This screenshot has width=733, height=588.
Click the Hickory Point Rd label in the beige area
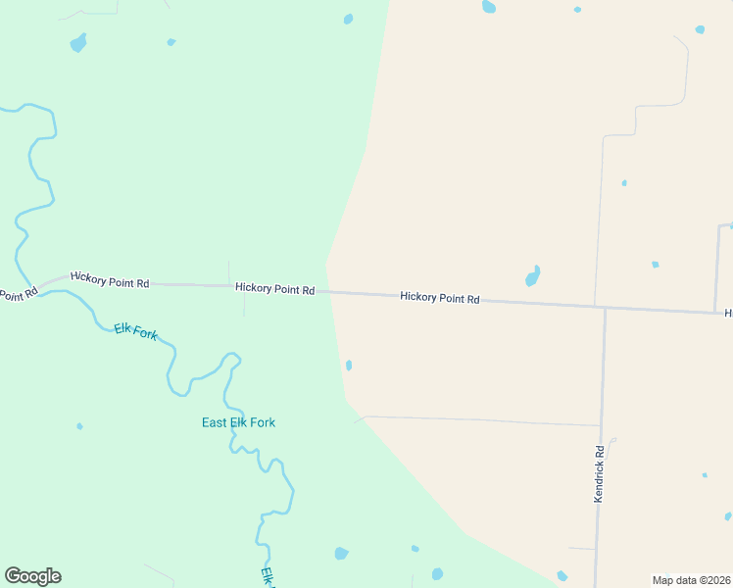439,297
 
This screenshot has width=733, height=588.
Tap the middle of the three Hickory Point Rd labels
274,289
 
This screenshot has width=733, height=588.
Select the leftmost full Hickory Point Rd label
110,282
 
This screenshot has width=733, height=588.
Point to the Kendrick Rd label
600,474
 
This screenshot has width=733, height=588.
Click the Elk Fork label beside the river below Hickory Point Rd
135,332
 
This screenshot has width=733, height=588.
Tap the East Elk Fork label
238,422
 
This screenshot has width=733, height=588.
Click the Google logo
32,576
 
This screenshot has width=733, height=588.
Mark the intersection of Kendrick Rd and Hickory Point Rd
605,308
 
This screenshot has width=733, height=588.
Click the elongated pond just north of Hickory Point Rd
533,275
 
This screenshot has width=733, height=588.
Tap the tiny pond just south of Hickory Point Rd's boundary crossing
349,366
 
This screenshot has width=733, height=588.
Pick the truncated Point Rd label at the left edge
17,294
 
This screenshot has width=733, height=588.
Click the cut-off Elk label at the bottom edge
266,577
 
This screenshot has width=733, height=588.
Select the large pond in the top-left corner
77,43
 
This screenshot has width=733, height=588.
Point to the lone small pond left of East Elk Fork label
79,426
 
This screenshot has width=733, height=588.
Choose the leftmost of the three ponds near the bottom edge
341,553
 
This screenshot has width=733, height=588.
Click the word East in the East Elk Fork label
214,422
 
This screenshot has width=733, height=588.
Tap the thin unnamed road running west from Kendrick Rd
480,421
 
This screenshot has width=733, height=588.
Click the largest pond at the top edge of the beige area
489,7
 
